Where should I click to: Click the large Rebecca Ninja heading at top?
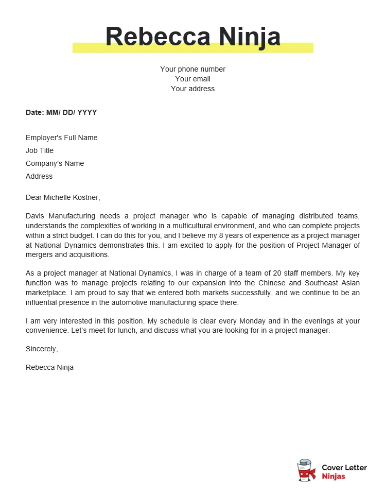click(x=192, y=37)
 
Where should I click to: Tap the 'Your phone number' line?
click(x=192, y=69)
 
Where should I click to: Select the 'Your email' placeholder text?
click(x=192, y=79)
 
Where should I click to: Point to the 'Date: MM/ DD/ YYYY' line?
click(x=61, y=112)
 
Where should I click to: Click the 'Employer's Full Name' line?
click(x=61, y=138)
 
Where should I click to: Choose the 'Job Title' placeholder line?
click(x=40, y=150)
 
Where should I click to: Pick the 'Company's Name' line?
click(x=55, y=163)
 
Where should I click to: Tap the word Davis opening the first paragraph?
click(x=35, y=216)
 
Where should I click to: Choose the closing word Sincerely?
click(x=42, y=349)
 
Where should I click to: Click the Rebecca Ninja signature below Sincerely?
click(x=49, y=367)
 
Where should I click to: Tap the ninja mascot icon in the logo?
click(x=306, y=470)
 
